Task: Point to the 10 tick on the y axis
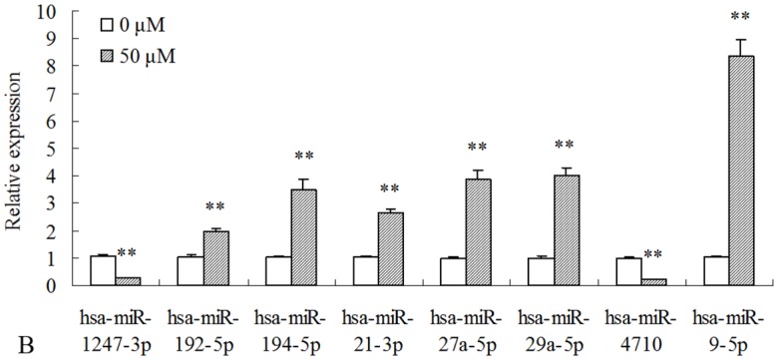coord(51,12)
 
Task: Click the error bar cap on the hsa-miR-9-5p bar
coord(740,40)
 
